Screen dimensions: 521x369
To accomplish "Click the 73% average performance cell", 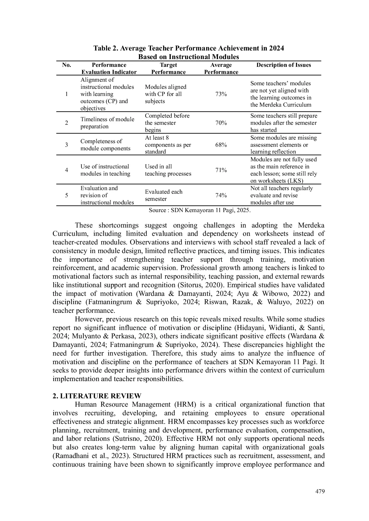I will tap(221, 94).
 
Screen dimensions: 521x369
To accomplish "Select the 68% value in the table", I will tap(221, 145).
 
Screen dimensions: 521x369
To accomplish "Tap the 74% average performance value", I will tap(221, 195).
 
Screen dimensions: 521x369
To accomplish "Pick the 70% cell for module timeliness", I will tap(221, 123).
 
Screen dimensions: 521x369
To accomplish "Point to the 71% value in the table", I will tap(221, 170).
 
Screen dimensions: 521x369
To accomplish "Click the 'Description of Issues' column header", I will tap(283, 65).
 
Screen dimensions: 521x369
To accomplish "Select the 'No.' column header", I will tap(67, 65).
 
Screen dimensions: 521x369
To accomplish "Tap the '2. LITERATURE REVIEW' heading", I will tap(97, 396).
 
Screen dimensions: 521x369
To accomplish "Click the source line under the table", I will tap(200, 210).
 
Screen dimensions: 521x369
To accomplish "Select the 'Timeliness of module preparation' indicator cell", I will tap(107, 123).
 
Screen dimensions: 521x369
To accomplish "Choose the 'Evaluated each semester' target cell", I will tap(163, 195).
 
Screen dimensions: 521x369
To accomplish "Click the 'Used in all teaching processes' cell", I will tap(168, 170).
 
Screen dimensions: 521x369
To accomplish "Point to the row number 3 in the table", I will tap(67, 145).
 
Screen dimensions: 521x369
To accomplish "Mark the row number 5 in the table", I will tap(67, 195).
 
